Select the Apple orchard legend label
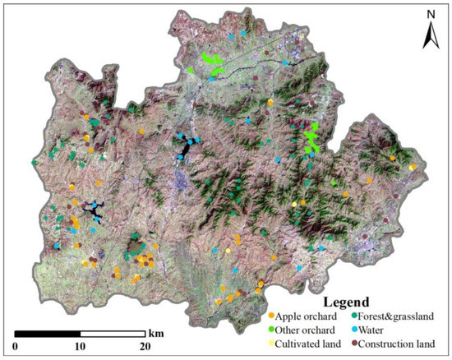coord(306,316)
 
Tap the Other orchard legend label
coord(307,330)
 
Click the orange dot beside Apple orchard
coord(271,316)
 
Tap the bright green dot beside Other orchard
coord(271,330)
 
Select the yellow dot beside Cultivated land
coord(271,344)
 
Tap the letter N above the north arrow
coord(428,14)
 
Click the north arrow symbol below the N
coord(428,35)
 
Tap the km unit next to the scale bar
coord(156,335)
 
